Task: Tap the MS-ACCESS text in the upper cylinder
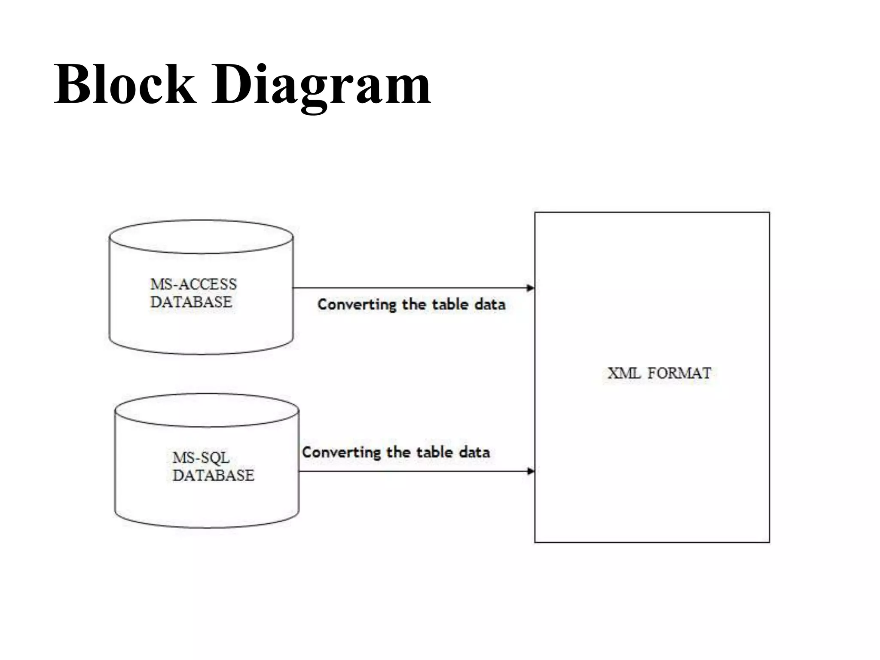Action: click(193, 284)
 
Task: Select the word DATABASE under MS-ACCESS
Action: click(191, 302)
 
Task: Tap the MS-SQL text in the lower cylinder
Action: click(201, 458)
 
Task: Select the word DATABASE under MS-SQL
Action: click(213, 475)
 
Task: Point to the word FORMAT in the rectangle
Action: click(679, 373)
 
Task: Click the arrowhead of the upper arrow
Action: click(531, 288)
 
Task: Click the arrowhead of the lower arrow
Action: click(531, 471)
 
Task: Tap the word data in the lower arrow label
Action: click(474, 452)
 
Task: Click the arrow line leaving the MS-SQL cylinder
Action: click(408, 471)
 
